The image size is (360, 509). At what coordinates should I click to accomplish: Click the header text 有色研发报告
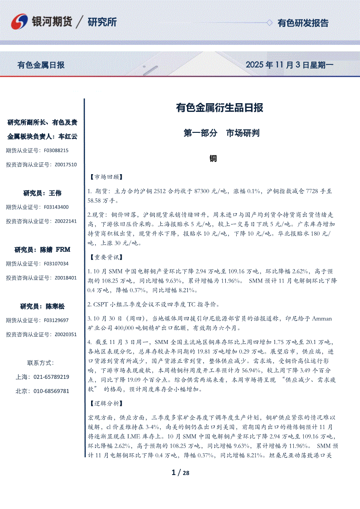pos(303,23)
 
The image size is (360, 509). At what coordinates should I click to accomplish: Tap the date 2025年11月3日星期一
pos(289,65)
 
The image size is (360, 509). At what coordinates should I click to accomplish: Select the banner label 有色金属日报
pos(41,65)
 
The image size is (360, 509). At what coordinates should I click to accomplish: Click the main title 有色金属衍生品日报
pos(219,108)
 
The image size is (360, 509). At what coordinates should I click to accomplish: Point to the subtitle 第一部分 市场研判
pos(221,133)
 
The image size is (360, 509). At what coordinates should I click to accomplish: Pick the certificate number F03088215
pos(57,150)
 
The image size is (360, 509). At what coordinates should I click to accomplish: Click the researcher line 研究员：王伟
pos(42,193)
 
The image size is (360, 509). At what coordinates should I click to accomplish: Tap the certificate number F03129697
pos(57,320)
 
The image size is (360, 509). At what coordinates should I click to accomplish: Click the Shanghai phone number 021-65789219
pos(51,377)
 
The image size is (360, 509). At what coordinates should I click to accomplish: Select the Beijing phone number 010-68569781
pos(51,391)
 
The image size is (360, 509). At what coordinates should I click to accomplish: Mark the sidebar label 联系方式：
pos(41,362)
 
